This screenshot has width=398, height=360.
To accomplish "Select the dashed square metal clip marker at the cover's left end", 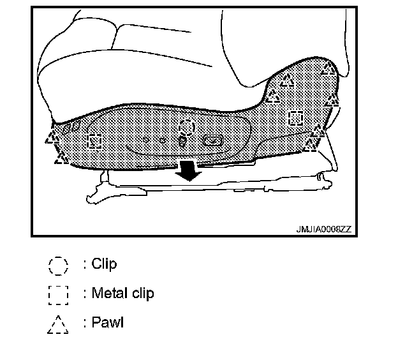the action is point(95,141).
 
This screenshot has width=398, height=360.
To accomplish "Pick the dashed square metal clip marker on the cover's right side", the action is point(295,118).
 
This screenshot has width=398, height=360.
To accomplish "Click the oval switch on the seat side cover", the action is point(212,140).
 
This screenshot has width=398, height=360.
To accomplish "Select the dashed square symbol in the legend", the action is point(57,294).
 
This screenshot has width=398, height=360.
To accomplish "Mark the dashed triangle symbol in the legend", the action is point(57,324).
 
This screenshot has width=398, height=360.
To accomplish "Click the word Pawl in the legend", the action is point(107,322).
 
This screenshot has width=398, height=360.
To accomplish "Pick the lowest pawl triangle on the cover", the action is point(61,156).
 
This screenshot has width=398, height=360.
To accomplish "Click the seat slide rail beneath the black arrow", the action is point(191,190).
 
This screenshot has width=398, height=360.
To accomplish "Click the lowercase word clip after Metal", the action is point(142,294).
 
